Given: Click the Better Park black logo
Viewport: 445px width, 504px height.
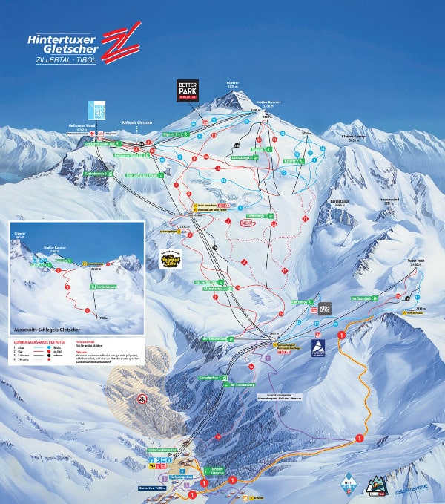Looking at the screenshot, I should [185, 90].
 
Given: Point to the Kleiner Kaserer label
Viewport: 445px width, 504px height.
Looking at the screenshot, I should [354, 137].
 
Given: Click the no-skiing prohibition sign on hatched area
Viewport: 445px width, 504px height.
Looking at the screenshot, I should [141, 399].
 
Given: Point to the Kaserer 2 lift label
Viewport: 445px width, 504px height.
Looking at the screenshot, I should [291, 161].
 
